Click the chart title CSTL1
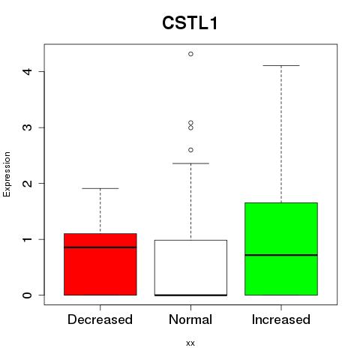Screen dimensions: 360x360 pyautogui.click(x=190, y=23)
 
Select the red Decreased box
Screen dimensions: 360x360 pyautogui.click(x=100, y=264)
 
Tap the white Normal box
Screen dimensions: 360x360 pyautogui.click(x=190, y=268)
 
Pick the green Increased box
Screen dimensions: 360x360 pyautogui.click(x=281, y=249)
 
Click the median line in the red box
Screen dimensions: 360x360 pyautogui.click(x=100, y=247)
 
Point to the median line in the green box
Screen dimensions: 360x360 pyautogui.click(x=281, y=255)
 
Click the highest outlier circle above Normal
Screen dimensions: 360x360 pyautogui.click(x=190, y=54)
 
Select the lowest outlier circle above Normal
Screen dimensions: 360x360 pyautogui.click(x=190, y=150)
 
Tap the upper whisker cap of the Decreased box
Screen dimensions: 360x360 pyautogui.click(x=100, y=188)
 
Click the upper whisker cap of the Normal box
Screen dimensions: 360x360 pyautogui.click(x=190, y=163)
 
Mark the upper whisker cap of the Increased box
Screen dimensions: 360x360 pyautogui.click(x=281, y=65)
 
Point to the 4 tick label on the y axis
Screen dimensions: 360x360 pyautogui.click(x=28, y=71)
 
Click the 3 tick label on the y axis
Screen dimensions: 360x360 pyautogui.click(x=28, y=127)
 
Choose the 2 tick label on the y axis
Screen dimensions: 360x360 pyautogui.click(x=28, y=183)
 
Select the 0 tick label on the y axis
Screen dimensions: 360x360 pyautogui.click(x=28, y=295)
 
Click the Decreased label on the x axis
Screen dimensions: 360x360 pyautogui.click(x=100, y=319)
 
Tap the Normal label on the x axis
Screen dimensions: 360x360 pyautogui.click(x=190, y=319)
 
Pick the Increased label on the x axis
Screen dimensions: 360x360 pyautogui.click(x=281, y=319)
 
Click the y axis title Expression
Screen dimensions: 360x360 pyautogui.click(x=7, y=174)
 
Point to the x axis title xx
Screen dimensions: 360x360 pyautogui.click(x=190, y=343)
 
